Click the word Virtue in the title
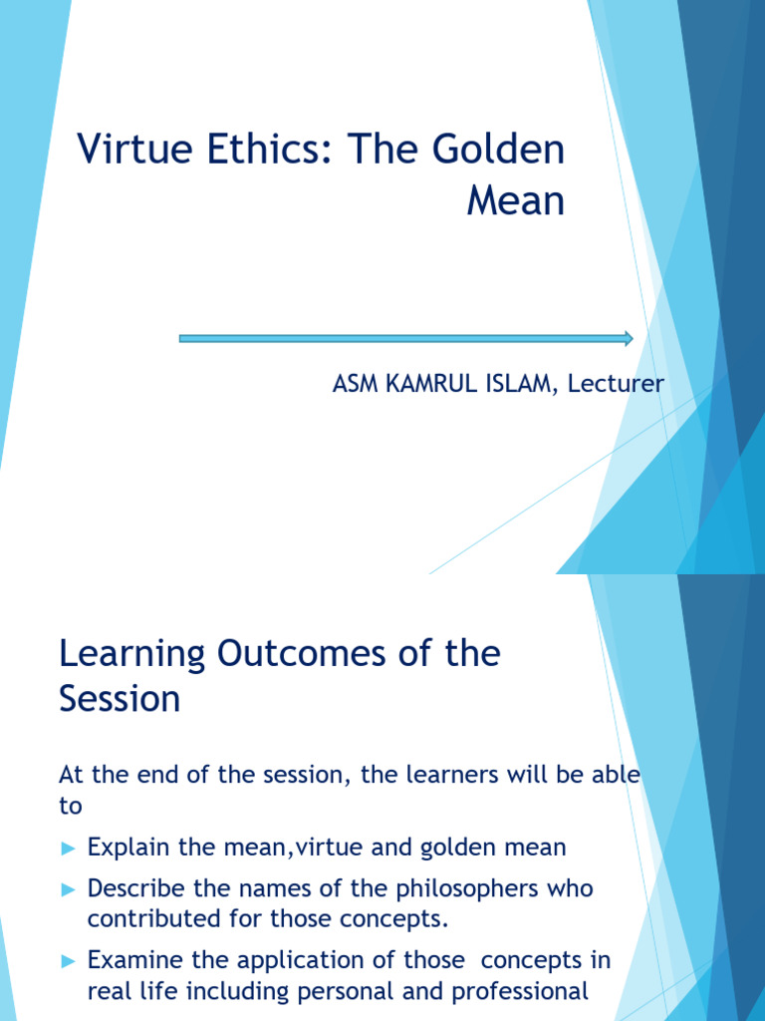click(128, 152)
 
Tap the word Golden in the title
click(498, 152)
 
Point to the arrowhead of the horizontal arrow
click(628, 338)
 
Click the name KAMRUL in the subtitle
click(426, 384)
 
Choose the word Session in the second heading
click(120, 699)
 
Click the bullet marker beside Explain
click(68, 849)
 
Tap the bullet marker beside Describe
click(68, 888)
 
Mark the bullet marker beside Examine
click(68, 961)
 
